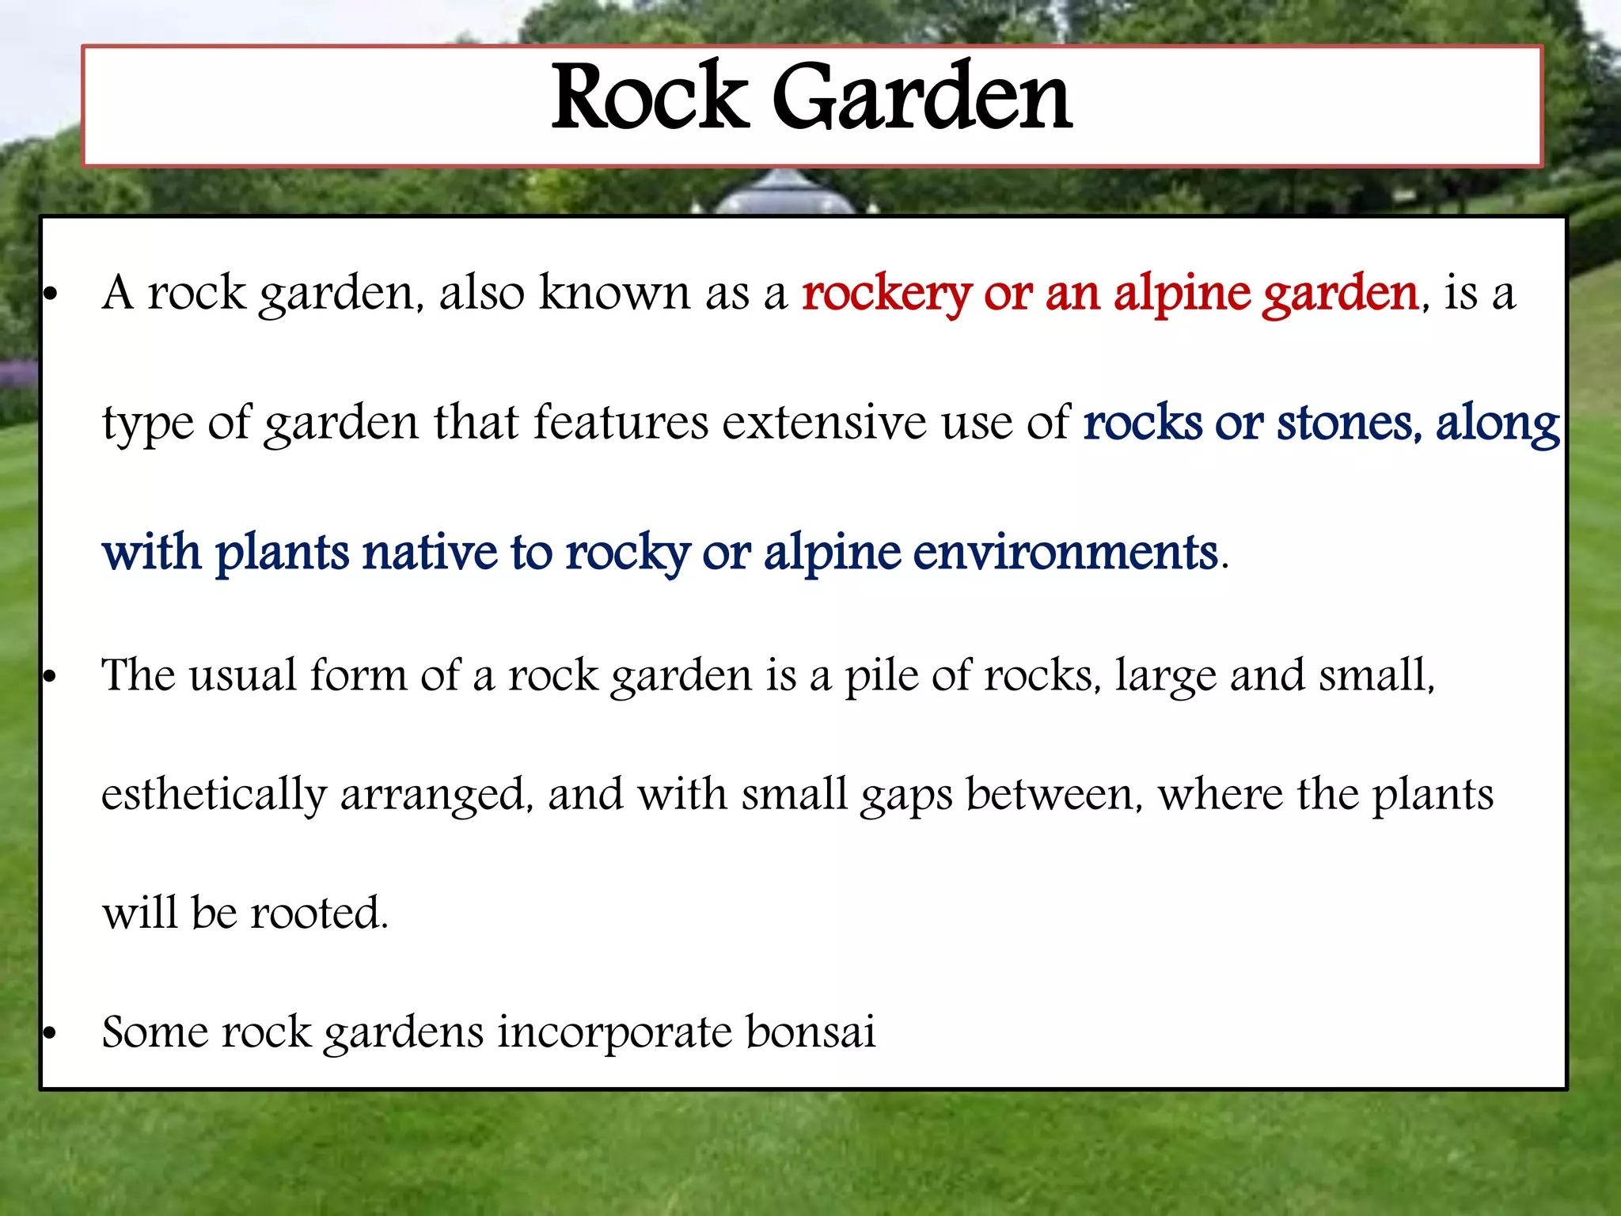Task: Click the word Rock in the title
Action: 649,98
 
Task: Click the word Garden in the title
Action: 922,98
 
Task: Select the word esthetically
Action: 214,795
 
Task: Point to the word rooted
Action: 319,913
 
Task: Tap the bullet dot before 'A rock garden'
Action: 51,295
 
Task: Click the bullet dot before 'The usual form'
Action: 51,678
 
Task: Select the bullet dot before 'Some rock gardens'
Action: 51,1033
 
